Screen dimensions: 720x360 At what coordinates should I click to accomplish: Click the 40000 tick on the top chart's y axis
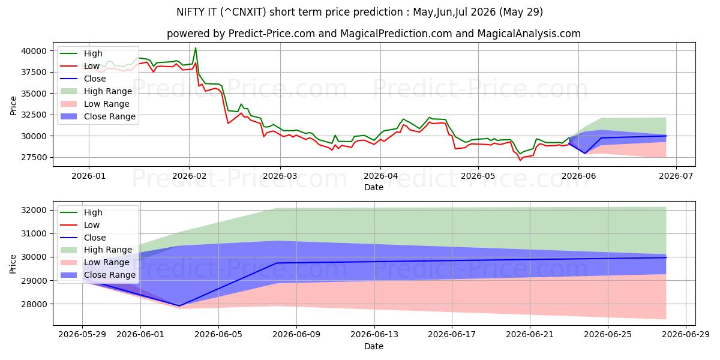[34, 51]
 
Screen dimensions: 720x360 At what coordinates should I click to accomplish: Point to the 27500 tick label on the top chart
[34, 157]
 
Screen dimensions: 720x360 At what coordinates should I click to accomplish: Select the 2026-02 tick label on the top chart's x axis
[190, 176]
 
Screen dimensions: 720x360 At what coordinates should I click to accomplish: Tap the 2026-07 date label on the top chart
[676, 176]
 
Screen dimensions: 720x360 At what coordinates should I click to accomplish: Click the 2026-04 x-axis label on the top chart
[380, 176]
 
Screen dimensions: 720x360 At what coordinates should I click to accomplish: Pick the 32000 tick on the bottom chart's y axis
[34, 210]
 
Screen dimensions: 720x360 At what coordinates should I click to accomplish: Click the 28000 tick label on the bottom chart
[34, 304]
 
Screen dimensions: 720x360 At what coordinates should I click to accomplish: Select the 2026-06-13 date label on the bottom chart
[374, 335]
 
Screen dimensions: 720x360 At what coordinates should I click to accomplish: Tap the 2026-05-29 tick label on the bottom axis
[82, 335]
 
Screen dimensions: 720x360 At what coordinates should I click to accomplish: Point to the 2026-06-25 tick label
[608, 335]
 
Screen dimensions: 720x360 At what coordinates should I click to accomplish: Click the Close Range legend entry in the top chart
[98, 116]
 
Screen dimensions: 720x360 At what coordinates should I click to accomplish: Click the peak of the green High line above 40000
[196, 48]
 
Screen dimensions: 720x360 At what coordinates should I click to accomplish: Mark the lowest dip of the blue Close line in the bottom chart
[179, 306]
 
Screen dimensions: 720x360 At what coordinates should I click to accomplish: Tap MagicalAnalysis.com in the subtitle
[529, 34]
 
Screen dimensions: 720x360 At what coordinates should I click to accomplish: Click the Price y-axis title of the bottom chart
[13, 264]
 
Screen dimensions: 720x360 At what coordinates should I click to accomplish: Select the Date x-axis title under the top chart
[374, 187]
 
